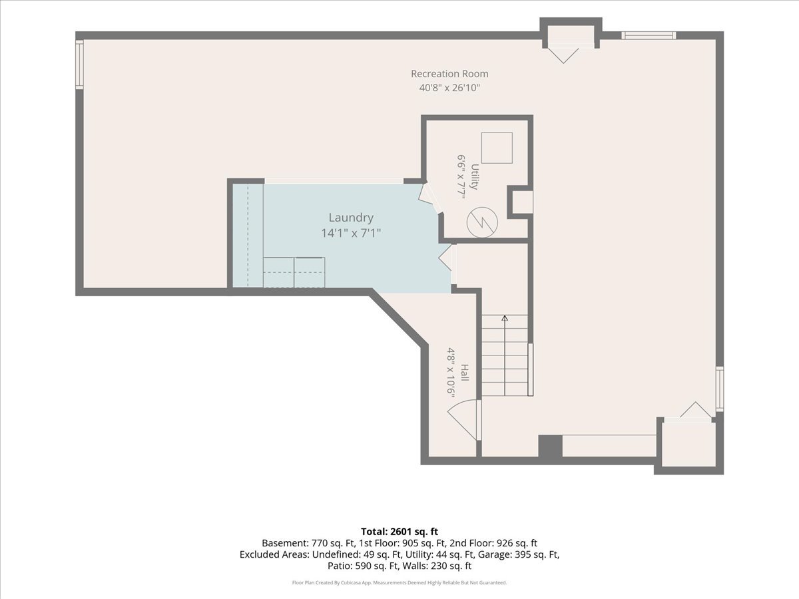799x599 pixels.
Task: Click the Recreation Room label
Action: [x=449, y=74]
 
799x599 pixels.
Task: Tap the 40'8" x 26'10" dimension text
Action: [x=449, y=88]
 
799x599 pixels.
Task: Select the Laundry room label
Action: [x=351, y=218]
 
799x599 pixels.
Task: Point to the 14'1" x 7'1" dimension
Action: [x=351, y=233]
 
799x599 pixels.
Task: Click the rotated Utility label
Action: [x=474, y=177]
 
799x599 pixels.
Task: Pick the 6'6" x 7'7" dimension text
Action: [x=461, y=177]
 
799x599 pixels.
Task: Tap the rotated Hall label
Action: [x=465, y=373]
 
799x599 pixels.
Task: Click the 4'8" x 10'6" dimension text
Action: [x=451, y=373]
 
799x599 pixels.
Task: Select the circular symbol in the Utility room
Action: [x=482, y=222]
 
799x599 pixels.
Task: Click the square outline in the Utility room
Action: [x=497, y=148]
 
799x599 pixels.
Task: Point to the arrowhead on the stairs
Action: [x=505, y=318]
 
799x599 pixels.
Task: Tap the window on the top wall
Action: [x=649, y=35]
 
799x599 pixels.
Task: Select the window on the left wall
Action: [x=79, y=65]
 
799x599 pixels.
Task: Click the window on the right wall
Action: [x=720, y=389]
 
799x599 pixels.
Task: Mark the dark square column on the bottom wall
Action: [x=551, y=446]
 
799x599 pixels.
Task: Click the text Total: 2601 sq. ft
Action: [x=400, y=532]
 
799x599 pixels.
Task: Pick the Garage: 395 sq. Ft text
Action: [x=518, y=554]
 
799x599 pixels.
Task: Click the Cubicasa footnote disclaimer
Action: [x=400, y=582]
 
